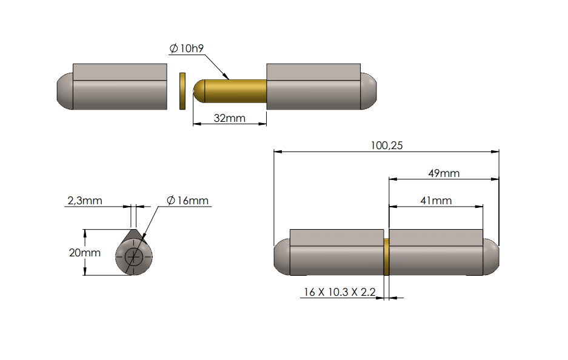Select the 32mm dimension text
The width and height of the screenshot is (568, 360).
tap(229, 118)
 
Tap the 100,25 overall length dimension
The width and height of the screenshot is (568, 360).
tap(386, 145)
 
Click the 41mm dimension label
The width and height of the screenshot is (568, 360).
tap(435, 201)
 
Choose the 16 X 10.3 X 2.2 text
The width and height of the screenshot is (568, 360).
tap(339, 292)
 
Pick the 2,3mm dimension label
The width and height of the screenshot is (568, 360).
tap(84, 200)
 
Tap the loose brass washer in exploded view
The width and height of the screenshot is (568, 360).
tap(181, 92)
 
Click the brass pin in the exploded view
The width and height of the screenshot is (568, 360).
tap(233, 92)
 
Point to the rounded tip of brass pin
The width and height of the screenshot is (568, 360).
tap(198, 92)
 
